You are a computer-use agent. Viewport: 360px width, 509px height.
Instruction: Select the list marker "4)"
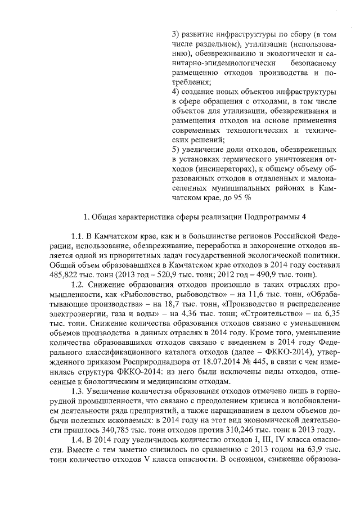tap(175, 91)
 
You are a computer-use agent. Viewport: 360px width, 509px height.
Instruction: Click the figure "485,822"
tap(64, 275)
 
